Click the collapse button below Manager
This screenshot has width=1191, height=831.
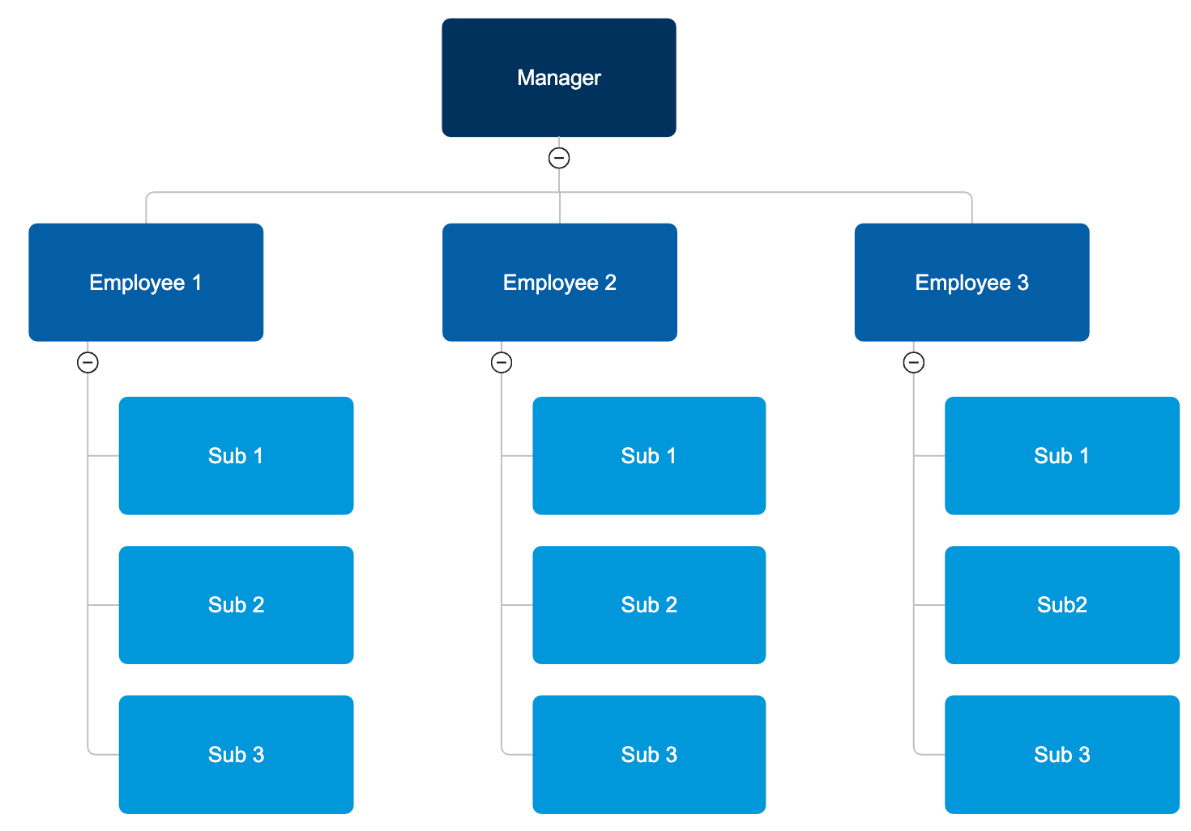pos(559,158)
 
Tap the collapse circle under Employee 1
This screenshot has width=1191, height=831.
pos(88,362)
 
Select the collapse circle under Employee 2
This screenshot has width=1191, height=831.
pos(502,362)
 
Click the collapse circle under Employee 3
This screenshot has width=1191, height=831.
pos(914,362)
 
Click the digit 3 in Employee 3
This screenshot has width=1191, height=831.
pos(1023,283)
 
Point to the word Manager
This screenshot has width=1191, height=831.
pos(559,78)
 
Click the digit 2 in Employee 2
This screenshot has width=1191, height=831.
pos(611,283)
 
